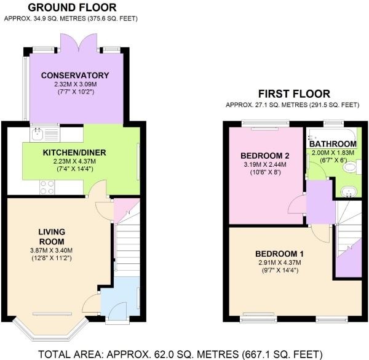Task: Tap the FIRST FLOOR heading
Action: pos(294,94)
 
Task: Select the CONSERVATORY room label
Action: pos(75,75)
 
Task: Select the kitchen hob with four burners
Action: pos(47,183)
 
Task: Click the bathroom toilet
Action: pos(348,190)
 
